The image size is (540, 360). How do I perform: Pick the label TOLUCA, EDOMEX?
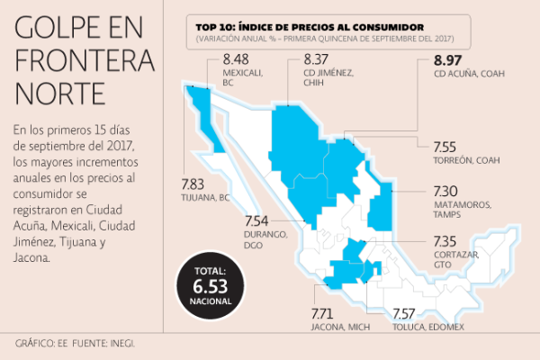click(x=428, y=326)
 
